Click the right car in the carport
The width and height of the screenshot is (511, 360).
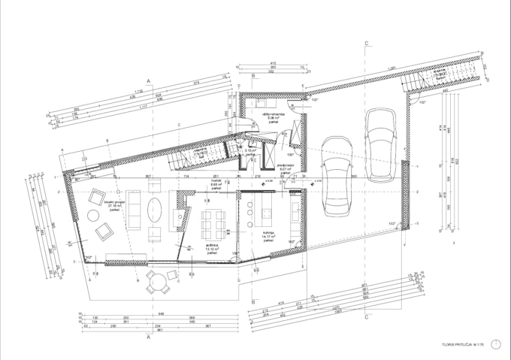tap(380, 144)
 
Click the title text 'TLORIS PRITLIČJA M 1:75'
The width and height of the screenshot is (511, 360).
tap(461, 346)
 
